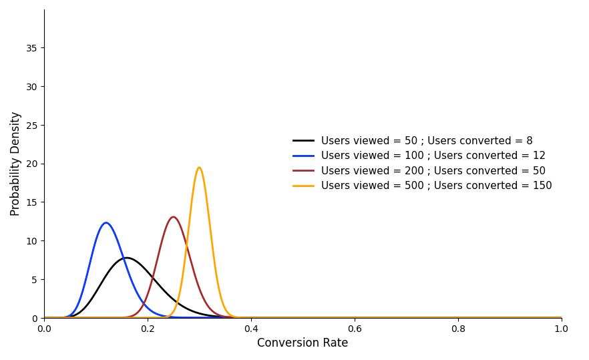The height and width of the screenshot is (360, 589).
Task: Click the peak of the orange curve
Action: [199, 168]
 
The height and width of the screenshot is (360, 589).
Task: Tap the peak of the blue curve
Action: [106, 223]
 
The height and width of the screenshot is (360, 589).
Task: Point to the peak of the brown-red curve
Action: [174, 217]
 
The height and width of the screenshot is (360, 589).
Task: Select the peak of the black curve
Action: [126, 258]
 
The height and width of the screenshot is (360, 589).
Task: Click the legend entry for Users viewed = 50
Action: [427, 141]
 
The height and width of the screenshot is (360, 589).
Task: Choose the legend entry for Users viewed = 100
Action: [433, 156]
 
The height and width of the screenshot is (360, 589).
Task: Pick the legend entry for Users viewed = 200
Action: [433, 171]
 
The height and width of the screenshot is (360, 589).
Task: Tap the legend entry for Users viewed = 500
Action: [436, 186]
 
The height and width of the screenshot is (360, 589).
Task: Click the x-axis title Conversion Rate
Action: [303, 343]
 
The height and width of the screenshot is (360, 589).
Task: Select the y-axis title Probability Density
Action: [15, 164]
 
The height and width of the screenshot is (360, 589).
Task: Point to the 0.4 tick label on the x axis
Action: [251, 329]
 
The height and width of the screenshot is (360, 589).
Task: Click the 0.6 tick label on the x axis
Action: [355, 329]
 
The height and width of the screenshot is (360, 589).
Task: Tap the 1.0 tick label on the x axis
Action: [562, 329]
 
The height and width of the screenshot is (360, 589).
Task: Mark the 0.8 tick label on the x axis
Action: [458, 329]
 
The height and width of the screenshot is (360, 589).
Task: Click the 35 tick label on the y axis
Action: [31, 48]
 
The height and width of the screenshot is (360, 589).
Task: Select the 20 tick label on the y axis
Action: [31, 164]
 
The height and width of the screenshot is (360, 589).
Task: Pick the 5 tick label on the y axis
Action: [33, 279]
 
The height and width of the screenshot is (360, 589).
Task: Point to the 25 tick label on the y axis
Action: [31, 125]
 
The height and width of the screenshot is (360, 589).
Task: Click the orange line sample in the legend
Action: [303, 186]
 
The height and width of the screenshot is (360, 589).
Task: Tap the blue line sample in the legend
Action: [303, 156]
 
